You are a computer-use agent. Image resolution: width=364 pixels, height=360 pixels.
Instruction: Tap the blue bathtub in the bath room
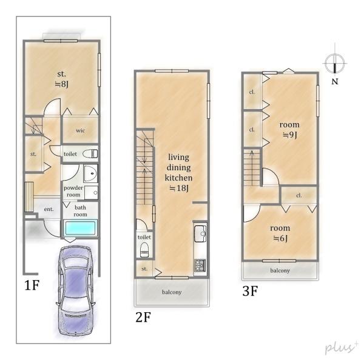point(80,228)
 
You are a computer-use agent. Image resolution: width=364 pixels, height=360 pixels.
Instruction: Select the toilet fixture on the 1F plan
point(90,154)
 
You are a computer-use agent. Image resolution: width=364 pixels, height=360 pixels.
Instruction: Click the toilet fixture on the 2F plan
point(144,250)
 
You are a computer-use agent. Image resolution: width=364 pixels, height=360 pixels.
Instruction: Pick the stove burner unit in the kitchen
point(200,265)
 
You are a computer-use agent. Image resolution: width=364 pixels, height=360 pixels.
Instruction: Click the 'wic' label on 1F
point(80,130)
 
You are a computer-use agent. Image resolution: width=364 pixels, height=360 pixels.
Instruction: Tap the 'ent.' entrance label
point(49,209)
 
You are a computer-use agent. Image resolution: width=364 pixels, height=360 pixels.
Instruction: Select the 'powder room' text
point(73,192)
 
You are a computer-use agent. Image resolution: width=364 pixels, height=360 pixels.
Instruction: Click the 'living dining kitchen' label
point(178,167)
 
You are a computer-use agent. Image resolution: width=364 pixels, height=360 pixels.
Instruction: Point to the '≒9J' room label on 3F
point(290,135)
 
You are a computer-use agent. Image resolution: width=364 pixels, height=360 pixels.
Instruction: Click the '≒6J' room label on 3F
point(280,238)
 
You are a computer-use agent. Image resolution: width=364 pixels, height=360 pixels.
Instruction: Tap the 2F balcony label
point(172,292)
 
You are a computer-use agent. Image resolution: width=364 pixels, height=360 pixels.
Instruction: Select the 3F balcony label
point(280,271)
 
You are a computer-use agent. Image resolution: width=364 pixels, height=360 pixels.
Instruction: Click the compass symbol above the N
point(334,63)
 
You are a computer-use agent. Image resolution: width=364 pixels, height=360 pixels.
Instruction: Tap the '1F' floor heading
point(32,285)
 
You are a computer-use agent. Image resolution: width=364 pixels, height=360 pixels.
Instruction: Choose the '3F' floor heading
point(250,291)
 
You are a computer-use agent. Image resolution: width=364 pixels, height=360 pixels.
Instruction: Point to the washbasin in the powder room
point(90,174)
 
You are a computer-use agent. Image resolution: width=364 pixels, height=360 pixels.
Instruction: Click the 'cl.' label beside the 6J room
point(299,196)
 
